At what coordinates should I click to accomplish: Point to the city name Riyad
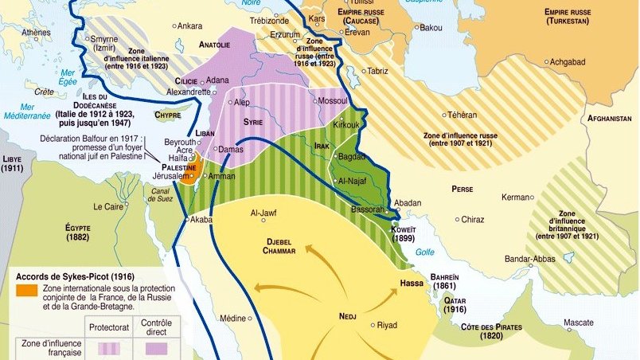coord(387,325)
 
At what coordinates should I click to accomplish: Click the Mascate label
coord(578,323)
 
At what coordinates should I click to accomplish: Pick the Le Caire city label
coord(108,206)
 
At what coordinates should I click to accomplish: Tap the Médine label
coord(232,319)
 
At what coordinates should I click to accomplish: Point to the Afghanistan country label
coord(609,119)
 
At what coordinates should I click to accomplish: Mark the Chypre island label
coord(167,115)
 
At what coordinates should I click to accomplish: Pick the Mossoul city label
coord(332,102)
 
